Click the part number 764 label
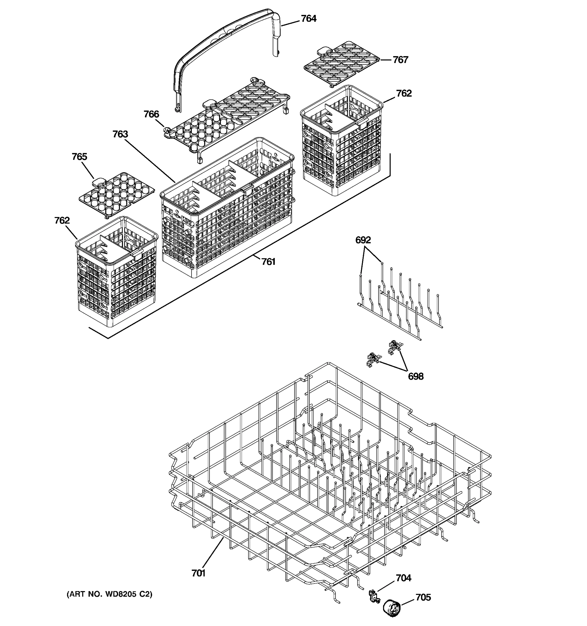tap(308, 19)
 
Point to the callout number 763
tap(120, 134)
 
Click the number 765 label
tap(79, 157)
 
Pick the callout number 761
tap(268, 262)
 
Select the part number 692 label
tap(363, 240)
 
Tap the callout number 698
tap(415, 376)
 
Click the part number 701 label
tap(198, 573)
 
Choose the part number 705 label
tap(423, 598)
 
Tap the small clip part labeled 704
tap(374, 596)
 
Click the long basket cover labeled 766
tap(227, 120)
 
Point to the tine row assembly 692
tap(400, 302)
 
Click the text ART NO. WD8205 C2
tap(109, 594)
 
